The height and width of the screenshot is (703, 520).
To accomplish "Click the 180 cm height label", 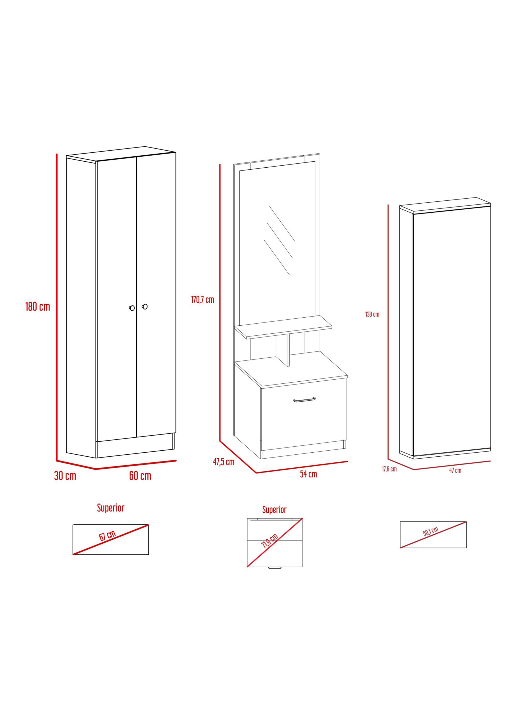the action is pyautogui.click(x=38, y=306).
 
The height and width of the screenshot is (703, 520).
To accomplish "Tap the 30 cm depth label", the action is pyautogui.click(x=65, y=476).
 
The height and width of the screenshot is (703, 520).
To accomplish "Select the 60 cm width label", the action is pyautogui.click(x=140, y=476).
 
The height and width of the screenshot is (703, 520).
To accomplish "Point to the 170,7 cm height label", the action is pyautogui.click(x=202, y=300).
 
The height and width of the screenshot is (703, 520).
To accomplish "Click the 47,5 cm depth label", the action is pyautogui.click(x=224, y=462).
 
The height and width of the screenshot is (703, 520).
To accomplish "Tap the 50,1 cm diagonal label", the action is pyautogui.click(x=431, y=532).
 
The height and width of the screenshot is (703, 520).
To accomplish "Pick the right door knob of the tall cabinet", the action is pyautogui.click(x=145, y=306).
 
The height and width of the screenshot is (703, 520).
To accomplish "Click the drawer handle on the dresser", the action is pyautogui.click(x=304, y=400).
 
